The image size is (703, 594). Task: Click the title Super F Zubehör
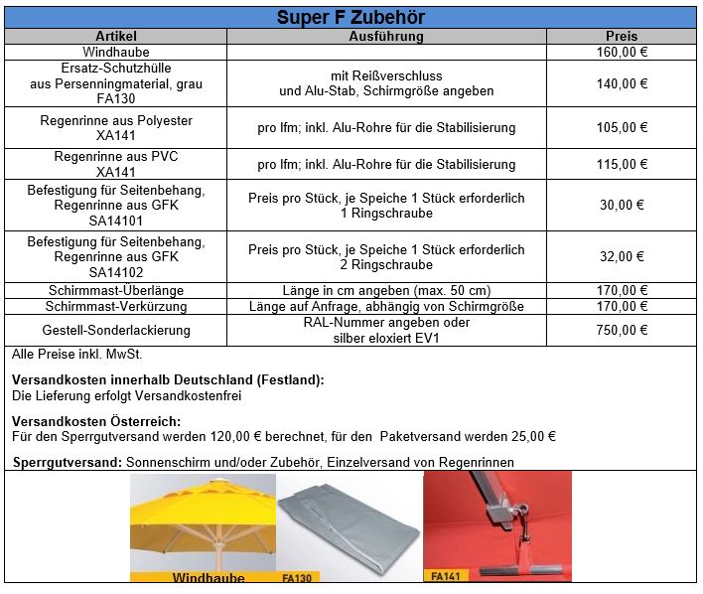351,18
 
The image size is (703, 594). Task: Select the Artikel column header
116,37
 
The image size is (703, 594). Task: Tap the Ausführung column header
386,37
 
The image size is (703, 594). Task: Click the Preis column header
622,37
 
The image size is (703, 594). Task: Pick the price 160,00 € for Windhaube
623,52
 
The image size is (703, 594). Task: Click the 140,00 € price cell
623,84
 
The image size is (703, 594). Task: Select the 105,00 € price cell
623,128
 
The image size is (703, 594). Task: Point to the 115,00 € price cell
623,164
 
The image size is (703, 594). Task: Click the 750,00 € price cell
623,330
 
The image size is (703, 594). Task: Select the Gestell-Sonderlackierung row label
116,330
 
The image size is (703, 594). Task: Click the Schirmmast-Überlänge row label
115,290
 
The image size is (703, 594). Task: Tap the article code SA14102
116,272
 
